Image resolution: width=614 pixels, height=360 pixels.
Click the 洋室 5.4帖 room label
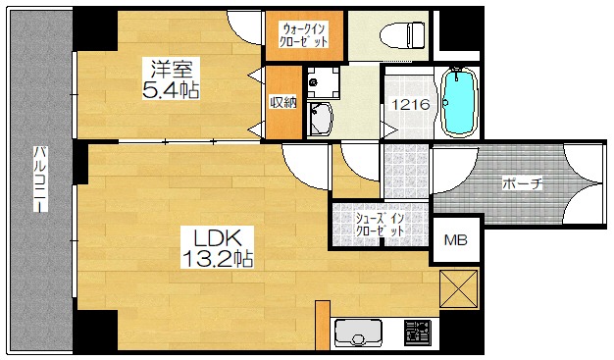click(171, 78)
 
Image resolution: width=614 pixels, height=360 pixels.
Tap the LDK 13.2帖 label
click(218, 247)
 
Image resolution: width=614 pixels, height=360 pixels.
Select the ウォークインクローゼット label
click(305, 35)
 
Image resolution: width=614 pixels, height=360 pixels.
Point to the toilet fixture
click(402, 35)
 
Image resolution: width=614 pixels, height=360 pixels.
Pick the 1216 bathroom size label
click(411, 105)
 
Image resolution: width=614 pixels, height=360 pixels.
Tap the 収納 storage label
click(283, 103)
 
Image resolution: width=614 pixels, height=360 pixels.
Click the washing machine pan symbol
click(323, 82)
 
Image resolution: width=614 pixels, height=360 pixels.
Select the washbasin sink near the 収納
click(320, 118)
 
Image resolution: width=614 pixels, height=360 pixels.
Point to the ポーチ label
click(523, 183)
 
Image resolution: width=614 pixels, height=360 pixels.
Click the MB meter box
click(456, 239)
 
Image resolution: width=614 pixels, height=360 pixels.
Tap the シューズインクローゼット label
click(380, 224)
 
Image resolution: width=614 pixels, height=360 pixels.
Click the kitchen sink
click(358, 333)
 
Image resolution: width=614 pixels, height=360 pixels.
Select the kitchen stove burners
click(418, 333)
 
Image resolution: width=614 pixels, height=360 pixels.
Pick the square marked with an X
click(459, 289)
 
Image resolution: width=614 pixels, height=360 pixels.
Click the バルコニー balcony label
click(40, 180)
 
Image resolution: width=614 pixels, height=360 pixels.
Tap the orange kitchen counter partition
click(323, 325)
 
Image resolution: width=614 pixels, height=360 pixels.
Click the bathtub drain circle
click(445, 103)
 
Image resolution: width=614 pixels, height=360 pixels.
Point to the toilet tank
click(416, 35)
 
